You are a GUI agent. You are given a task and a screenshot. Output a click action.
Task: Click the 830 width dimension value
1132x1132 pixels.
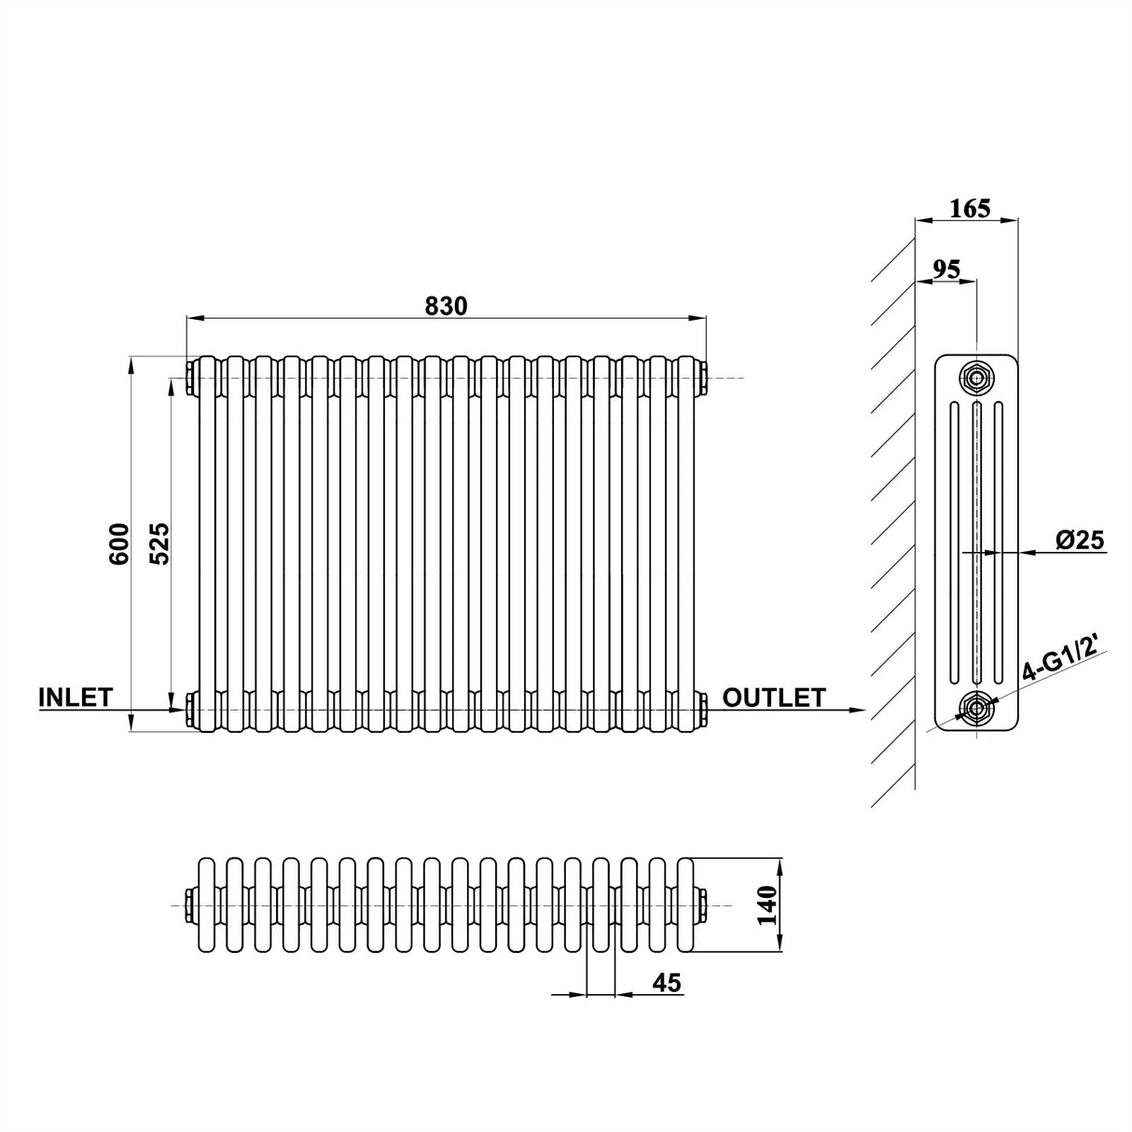(446, 305)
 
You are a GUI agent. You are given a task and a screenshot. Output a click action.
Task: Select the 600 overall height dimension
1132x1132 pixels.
(119, 543)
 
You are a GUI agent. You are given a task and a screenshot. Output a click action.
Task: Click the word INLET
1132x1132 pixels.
(76, 697)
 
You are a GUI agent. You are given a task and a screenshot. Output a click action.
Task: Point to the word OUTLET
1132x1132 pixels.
(774, 697)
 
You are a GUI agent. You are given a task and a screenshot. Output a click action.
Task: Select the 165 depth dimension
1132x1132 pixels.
(970, 208)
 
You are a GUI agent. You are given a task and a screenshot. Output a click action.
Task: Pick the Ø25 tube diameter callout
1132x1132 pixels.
(1080, 540)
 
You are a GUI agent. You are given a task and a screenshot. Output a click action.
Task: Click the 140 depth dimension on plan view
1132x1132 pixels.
(767, 904)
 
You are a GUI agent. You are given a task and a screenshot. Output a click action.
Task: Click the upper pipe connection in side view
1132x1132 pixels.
(976, 378)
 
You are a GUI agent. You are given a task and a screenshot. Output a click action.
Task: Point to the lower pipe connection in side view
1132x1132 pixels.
(976, 709)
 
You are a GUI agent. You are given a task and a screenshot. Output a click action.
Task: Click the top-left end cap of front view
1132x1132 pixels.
(190, 378)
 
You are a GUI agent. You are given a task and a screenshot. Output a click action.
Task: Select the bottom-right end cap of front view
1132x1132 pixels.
(702, 710)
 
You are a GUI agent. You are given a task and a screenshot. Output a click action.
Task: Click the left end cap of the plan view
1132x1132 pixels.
(190, 905)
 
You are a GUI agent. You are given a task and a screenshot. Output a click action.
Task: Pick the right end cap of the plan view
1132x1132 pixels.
(702, 905)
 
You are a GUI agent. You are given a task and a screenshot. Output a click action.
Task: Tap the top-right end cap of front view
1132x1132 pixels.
(702, 378)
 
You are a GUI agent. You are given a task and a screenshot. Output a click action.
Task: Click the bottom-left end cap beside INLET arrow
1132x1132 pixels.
(190, 710)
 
